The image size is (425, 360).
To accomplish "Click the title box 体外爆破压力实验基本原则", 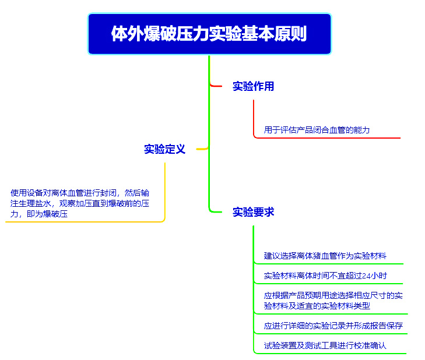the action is point(209,34).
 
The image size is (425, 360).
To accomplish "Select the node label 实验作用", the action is point(254,86).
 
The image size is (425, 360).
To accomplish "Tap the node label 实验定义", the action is point(164,149).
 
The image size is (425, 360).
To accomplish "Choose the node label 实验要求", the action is point(254,212).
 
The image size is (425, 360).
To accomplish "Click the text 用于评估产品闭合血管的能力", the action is point(317,130).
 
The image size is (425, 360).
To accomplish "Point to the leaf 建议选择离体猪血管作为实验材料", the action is point(325,256).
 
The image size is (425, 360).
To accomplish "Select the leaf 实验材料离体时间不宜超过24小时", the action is point(325,276).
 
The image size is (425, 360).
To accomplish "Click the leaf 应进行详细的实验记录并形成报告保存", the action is point(333,326).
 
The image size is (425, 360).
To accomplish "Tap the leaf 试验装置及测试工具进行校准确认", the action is point(325,345).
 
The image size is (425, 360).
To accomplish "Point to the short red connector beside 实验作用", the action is point(216,86).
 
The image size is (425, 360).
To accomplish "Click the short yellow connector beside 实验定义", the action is point(202,149).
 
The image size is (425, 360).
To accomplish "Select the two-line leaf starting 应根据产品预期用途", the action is point(333,301).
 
